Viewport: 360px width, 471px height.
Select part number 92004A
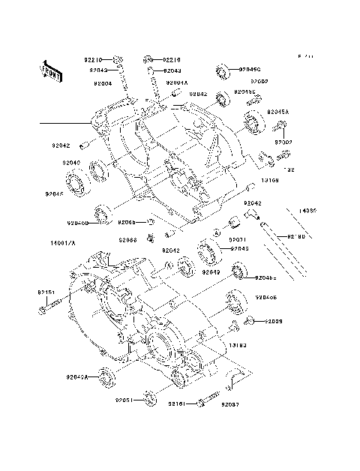[177, 83]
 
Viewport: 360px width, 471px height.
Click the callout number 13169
[270, 181]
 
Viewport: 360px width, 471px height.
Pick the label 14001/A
[63, 244]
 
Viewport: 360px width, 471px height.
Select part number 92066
[127, 240]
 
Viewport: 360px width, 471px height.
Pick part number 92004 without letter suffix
[101, 83]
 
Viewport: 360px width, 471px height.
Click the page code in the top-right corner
[306, 56]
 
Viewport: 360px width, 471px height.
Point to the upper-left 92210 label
[94, 58]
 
